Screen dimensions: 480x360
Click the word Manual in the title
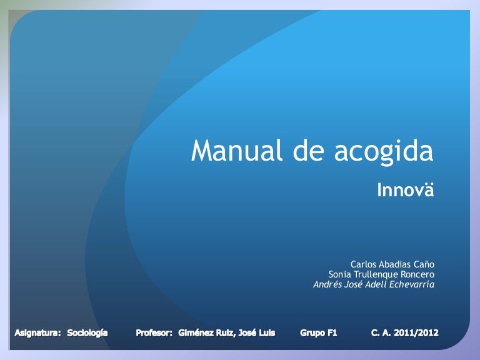[237, 150]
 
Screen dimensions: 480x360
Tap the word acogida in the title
[384, 152]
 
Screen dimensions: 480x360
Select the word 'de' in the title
[308, 150]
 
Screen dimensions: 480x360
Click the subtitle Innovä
[405, 189]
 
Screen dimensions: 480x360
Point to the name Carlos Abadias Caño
[392, 264]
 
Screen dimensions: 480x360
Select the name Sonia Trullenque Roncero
[381, 274]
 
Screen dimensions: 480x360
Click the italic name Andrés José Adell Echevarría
[374, 284]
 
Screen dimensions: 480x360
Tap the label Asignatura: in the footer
[37, 333]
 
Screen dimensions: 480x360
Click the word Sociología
[87, 333]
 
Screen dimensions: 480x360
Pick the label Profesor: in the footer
[154, 333]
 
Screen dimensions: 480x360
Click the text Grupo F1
[318, 333]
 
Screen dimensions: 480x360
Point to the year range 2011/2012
[416, 333]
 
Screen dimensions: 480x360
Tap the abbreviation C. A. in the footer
[381, 333]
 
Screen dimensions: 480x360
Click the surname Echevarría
[412, 284]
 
